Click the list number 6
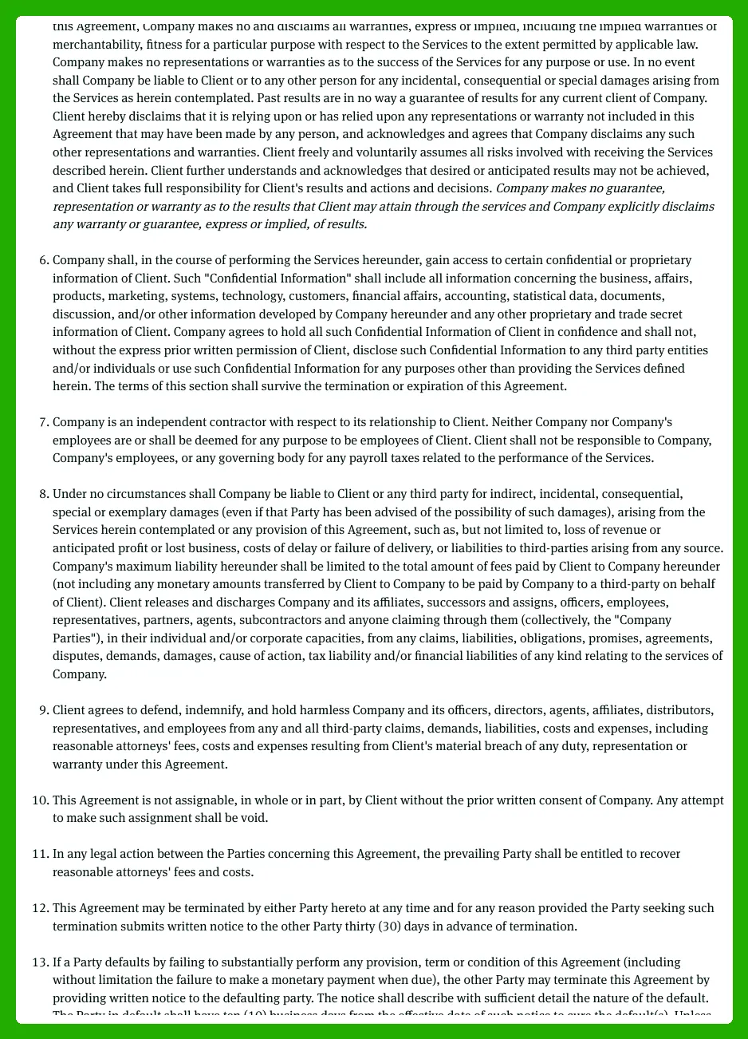pos(44,260)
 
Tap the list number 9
pos(44,710)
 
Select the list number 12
pos(41,908)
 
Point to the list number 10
pos(41,800)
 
